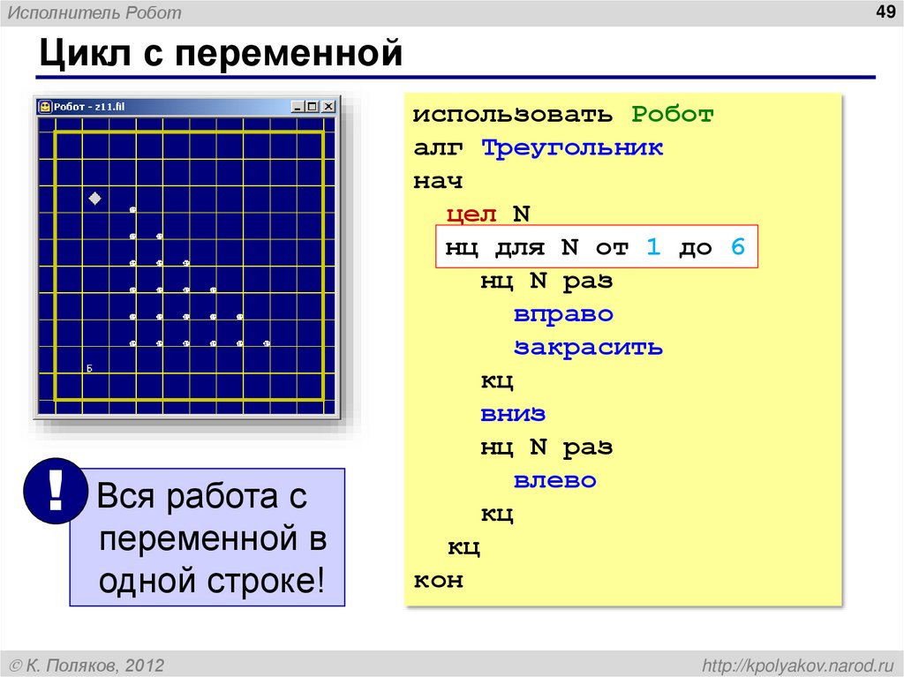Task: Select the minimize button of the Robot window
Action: click(297, 107)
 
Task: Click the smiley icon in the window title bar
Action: click(44, 107)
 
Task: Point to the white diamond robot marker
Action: click(95, 199)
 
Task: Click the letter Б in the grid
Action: click(89, 368)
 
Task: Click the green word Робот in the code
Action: click(672, 115)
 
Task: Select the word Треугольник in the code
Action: click(572, 147)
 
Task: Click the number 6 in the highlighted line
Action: click(737, 248)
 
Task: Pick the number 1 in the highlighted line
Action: click(652, 248)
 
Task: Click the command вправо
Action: click(563, 314)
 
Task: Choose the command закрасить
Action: click(588, 347)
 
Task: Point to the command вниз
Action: click(513, 414)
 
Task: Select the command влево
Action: click(555, 481)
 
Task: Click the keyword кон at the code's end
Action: click(438, 581)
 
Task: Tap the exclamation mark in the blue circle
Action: click(56, 490)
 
